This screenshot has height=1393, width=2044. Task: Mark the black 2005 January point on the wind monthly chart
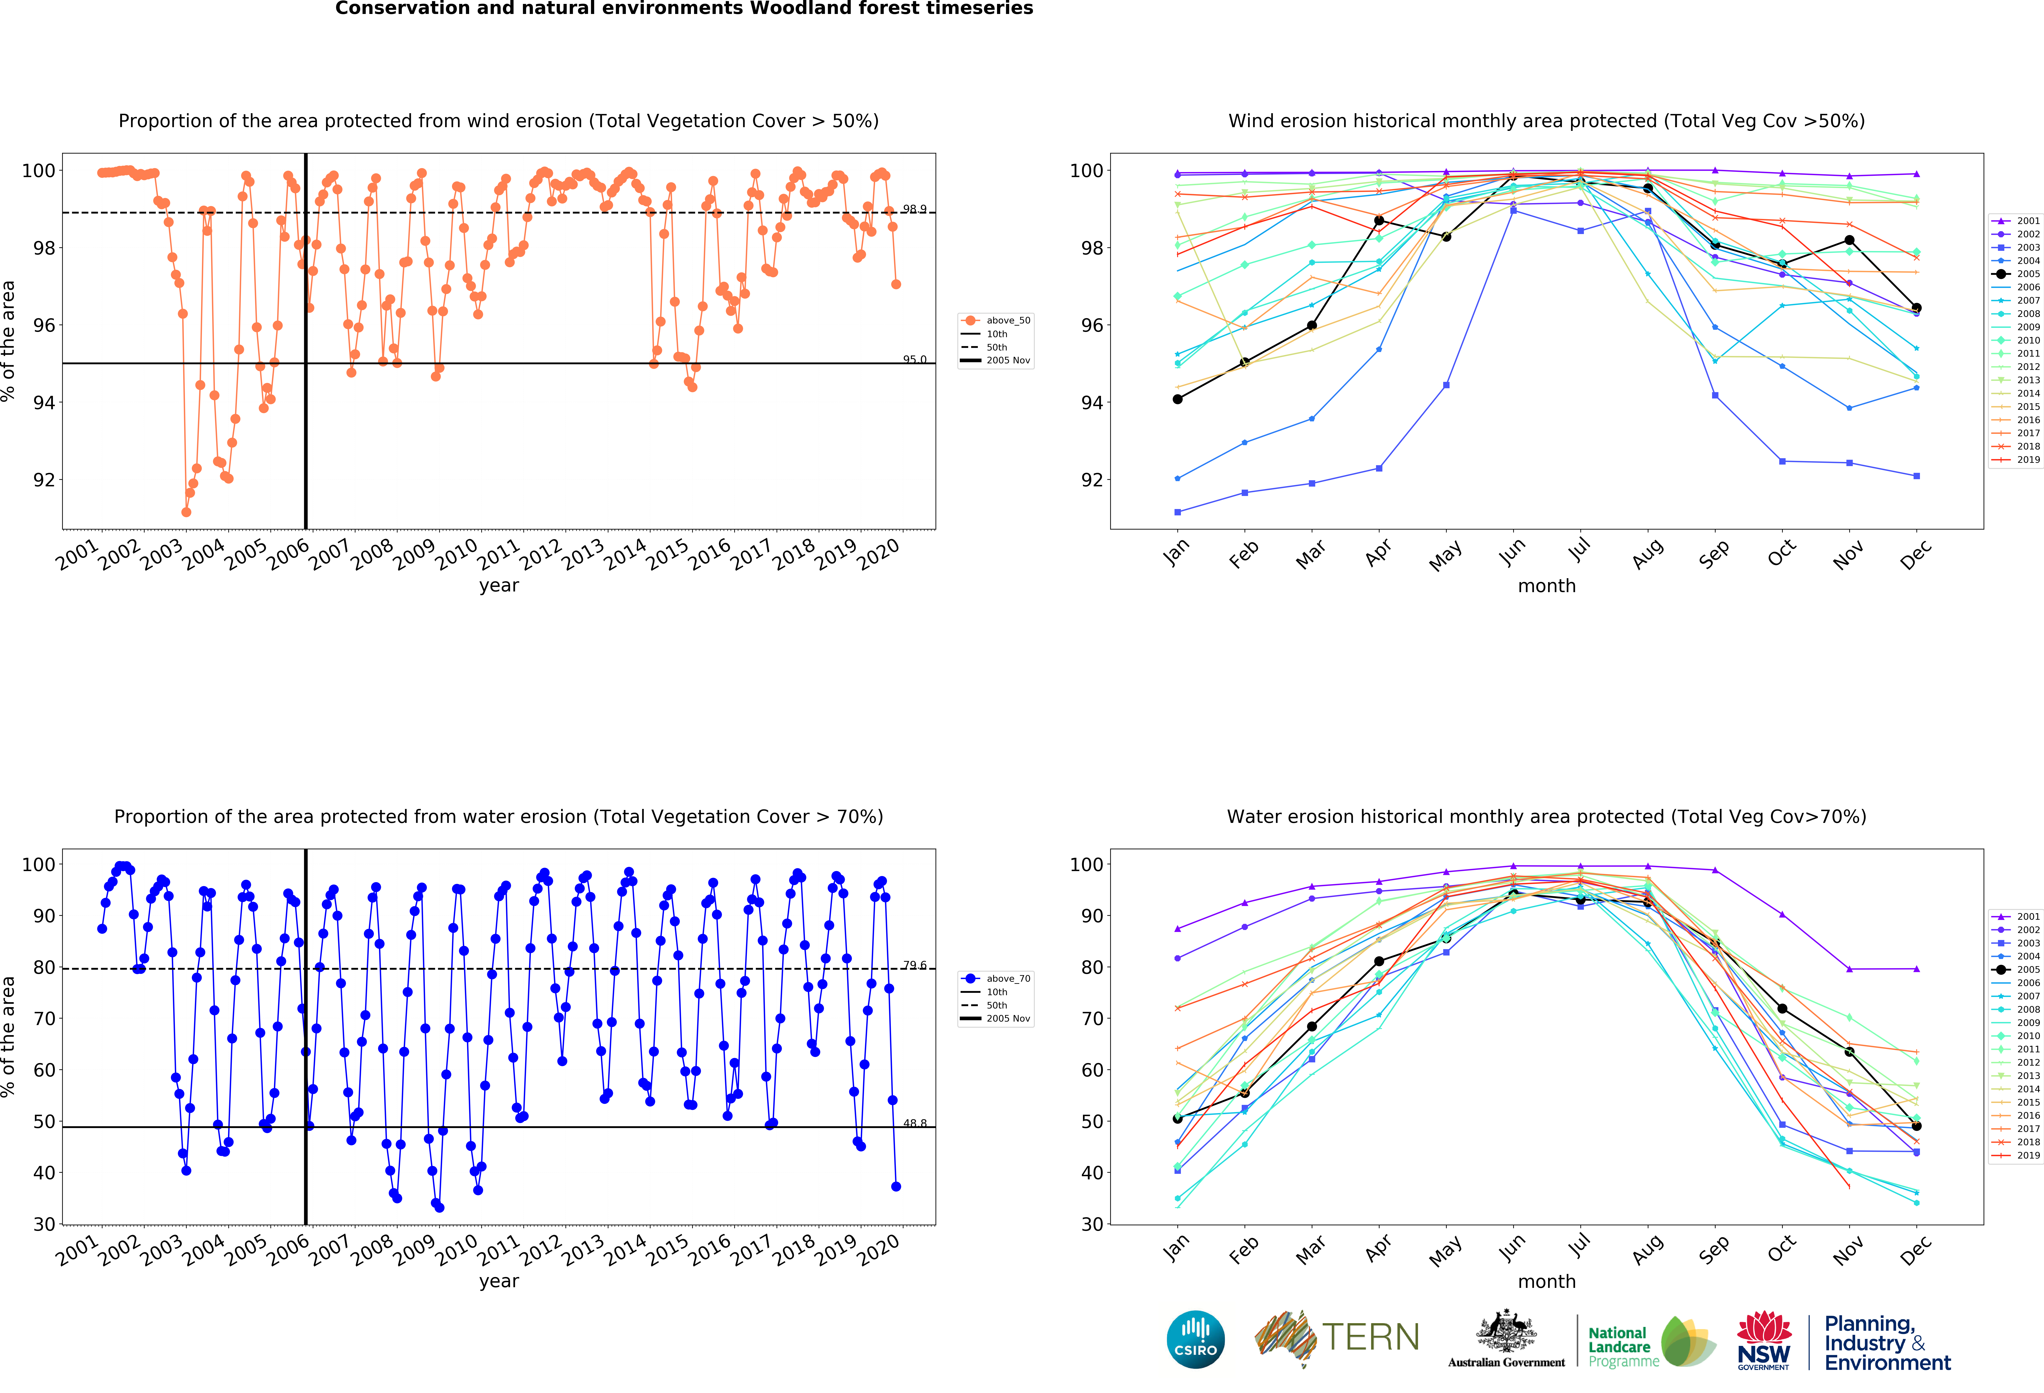coord(1178,399)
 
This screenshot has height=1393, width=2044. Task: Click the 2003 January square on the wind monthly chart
coord(1178,512)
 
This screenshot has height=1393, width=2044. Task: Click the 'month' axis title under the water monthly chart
coord(1546,1281)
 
